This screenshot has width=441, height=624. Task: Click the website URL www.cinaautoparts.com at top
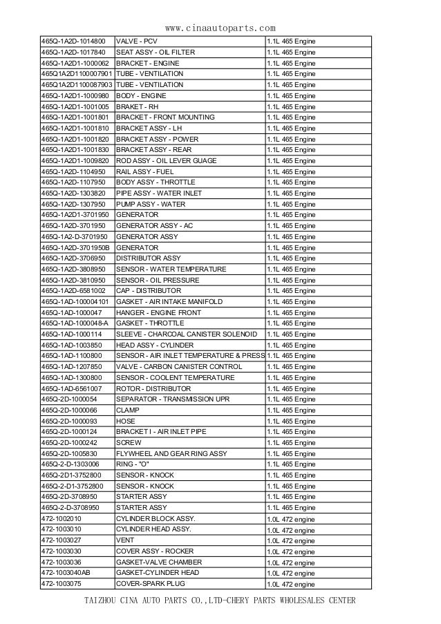click(x=221, y=28)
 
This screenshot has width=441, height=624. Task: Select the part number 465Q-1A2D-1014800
click(x=74, y=41)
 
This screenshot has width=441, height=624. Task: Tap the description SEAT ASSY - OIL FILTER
click(x=156, y=52)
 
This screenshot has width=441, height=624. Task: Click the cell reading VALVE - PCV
click(x=136, y=41)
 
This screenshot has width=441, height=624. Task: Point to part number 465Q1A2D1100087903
click(x=77, y=84)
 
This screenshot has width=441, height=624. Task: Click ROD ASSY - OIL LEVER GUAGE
click(x=166, y=160)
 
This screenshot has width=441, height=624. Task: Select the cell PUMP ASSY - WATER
click(x=150, y=204)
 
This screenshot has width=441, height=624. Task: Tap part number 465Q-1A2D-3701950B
click(x=75, y=247)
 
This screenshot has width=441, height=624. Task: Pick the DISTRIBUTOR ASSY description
click(x=148, y=258)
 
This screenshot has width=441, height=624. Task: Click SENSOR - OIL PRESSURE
click(x=158, y=280)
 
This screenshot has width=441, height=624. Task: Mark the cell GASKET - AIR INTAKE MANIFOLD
click(x=169, y=301)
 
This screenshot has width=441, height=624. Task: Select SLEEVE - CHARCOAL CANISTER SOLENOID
click(x=187, y=334)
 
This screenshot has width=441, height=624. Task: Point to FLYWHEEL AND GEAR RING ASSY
click(x=171, y=453)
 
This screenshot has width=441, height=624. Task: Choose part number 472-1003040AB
click(x=66, y=573)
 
